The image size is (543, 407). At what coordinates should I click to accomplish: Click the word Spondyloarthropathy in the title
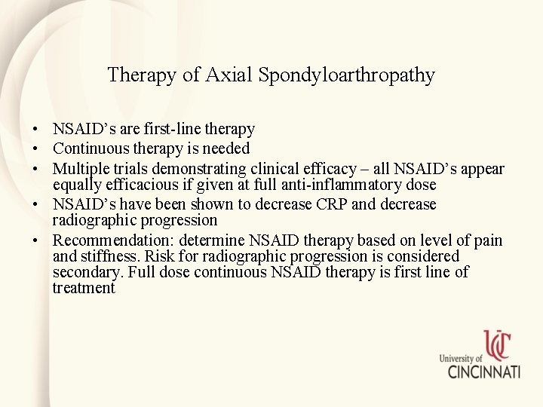pyautogui.click(x=346, y=75)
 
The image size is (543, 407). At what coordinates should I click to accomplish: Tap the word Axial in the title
pyautogui.click(x=230, y=75)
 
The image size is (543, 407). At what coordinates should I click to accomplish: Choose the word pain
pyautogui.click(x=487, y=240)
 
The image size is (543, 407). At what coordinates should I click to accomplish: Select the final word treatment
pyautogui.click(x=83, y=288)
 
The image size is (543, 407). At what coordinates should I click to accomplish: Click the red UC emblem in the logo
pyautogui.click(x=498, y=346)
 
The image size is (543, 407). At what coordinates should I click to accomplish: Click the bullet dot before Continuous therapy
pyautogui.click(x=36, y=149)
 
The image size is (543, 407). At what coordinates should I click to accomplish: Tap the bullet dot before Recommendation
pyautogui.click(x=36, y=240)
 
